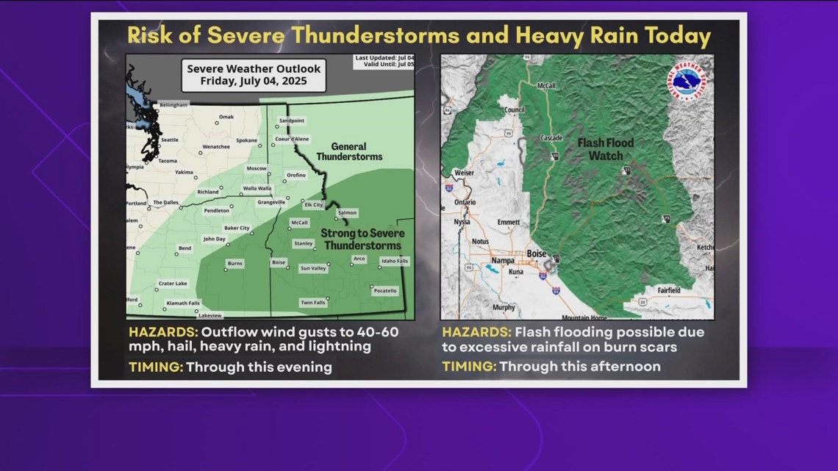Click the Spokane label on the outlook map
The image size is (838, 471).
point(246,140)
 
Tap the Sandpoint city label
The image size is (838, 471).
point(291,120)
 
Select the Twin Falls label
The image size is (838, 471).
point(312,303)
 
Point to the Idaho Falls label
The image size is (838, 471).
point(394,261)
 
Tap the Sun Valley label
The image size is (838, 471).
point(314,268)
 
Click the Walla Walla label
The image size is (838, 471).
point(257,188)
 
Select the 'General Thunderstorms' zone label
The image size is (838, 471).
point(350,151)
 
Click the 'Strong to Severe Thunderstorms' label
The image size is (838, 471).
point(362,240)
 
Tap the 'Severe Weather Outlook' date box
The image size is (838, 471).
point(254,74)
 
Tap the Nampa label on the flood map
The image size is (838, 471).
point(502,259)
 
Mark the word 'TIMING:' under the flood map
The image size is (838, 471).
point(468,366)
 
